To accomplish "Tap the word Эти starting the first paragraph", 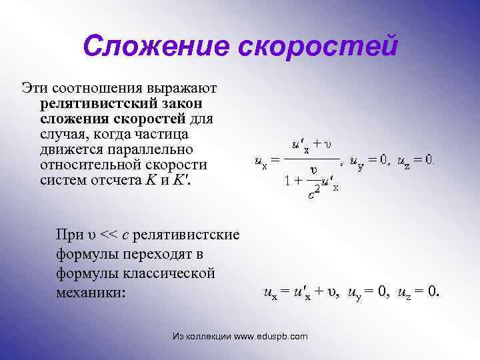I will [x=33, y=88].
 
